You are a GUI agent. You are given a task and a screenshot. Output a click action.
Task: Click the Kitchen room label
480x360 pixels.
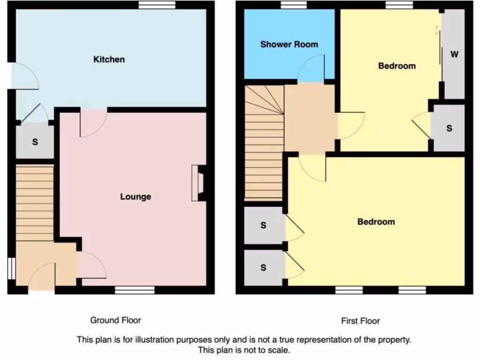pos(109,60)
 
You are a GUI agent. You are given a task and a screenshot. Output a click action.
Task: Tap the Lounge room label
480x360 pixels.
pos(135,196)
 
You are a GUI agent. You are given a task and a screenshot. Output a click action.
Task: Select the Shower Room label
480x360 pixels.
pos(289,45)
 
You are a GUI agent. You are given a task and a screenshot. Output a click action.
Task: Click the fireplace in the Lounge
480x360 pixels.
pos(197,183)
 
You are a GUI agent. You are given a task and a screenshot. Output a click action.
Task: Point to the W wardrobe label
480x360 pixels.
pos(454,54)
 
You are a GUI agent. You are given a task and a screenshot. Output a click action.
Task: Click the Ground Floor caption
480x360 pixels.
pos(115,320)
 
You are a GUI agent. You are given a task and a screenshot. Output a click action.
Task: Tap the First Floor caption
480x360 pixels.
pos(360,321)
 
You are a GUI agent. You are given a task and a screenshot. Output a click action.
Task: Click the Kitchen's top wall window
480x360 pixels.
pos(157,5)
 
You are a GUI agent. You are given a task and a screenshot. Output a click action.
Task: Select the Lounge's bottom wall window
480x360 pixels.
pos(135,291)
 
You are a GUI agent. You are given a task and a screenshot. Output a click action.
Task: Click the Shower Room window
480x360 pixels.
pos(294,5)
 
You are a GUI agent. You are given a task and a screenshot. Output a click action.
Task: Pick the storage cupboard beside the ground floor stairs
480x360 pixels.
pos(35,142)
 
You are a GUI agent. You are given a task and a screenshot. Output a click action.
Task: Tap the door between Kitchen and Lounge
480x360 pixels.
pos(93,123)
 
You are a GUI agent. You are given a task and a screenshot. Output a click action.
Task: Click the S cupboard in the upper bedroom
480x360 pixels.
pos(449,128)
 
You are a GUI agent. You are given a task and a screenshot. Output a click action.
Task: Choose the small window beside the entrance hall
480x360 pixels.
pos(12,269)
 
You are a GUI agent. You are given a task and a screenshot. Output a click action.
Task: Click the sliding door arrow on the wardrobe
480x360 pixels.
pos(437,30)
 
